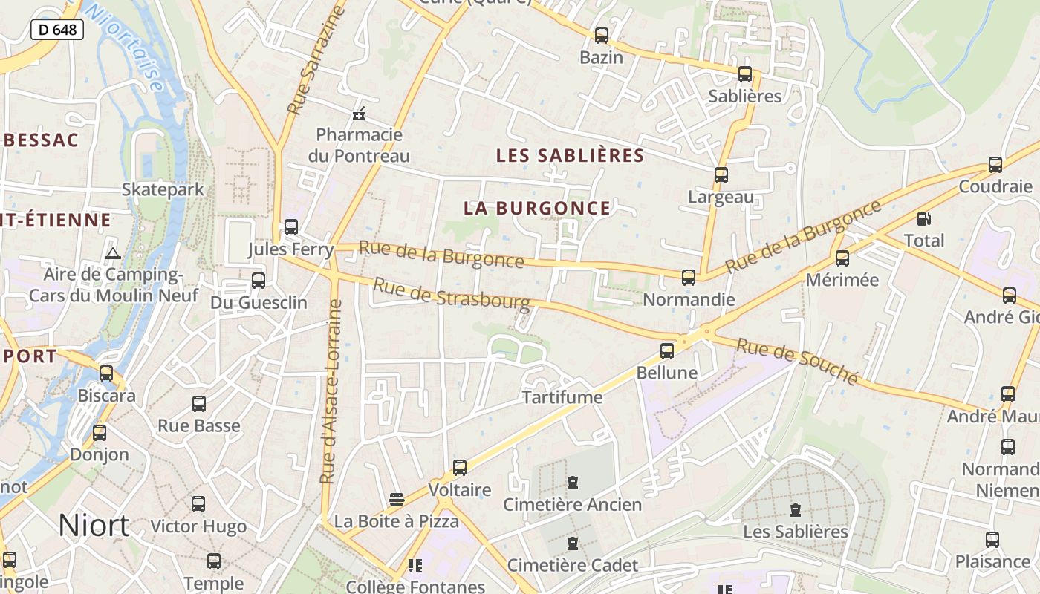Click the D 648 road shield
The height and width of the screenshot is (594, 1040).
coord(56,30)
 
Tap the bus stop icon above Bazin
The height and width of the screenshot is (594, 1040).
coord(601,36)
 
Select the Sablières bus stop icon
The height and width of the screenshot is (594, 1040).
coord(744,74)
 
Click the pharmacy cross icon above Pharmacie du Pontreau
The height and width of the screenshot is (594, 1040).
coord(359,114)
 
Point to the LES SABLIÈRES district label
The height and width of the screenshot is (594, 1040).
coord(570,155)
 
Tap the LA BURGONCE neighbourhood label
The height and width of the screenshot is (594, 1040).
coord(537,209)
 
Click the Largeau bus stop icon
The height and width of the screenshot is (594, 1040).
coord(721,175)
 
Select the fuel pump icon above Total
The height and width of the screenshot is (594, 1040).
coord(923,219)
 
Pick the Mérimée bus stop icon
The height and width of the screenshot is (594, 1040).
coord(842,258)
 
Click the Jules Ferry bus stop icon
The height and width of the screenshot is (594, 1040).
coord(290,227)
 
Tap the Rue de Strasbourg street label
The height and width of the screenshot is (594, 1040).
coord(452,295)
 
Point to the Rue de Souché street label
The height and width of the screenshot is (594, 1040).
coord(797,361)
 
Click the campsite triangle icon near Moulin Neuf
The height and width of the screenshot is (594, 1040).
coord(113,254)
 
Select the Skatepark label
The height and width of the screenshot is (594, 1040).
coord(163,189)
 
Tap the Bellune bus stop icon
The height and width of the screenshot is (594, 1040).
coord(667,350)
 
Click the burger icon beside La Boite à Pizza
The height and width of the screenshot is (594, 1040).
coord(396,499)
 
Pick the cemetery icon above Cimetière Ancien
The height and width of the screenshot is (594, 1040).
coord(572,483)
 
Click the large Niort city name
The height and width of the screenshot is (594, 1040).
coord(94,526)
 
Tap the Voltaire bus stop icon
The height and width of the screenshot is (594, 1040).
coord(460,468)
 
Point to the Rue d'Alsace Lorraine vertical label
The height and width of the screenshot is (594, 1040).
coord(331,391)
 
